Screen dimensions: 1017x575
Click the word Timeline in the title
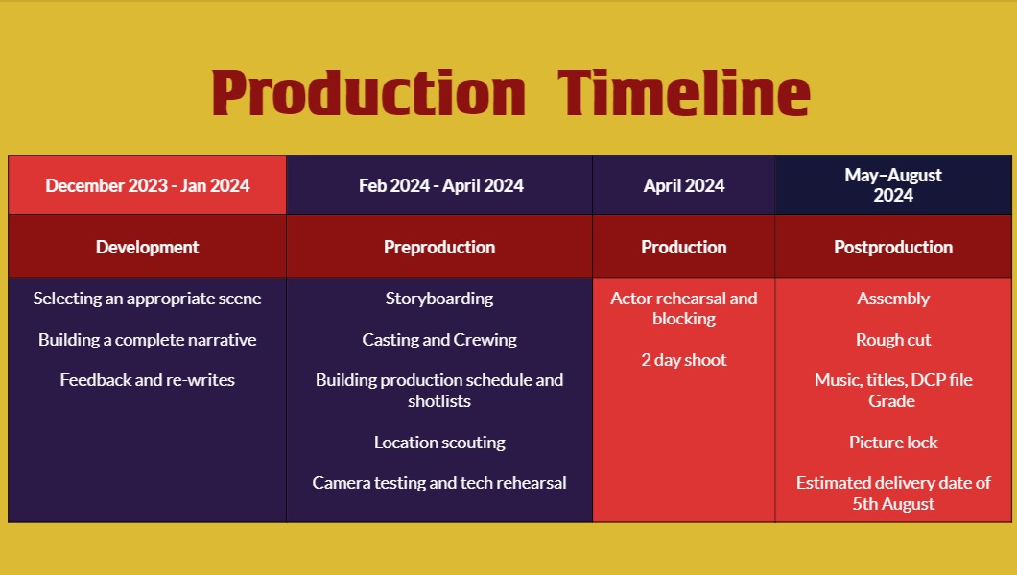[x=684, y=93]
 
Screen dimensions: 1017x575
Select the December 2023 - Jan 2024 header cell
[x=147, y=185]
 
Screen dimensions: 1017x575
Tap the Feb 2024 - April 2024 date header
[x=441, y=185]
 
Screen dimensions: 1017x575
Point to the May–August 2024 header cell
[x=893, y=185]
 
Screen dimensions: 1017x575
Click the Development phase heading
[x=147, y=248]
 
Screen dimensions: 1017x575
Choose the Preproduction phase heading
[x=439, y=248]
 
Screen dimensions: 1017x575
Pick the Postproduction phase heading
[x=893, y=248]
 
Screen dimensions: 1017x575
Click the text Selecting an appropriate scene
[x=147, y=299]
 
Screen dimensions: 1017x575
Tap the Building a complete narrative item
[x=147, y=340]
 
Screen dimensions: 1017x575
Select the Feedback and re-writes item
[x=147, y=380]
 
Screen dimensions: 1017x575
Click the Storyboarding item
[x=439, y=299]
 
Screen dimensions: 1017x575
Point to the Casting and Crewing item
[x=439, y=340]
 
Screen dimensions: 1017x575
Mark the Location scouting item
[x=439, y=443]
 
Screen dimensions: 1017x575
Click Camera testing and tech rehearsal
[x=439, y=483]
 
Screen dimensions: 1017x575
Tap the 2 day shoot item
[x=684, y=360]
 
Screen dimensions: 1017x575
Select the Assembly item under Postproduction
[x=893, y=299]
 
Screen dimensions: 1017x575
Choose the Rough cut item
[x=893, y=340]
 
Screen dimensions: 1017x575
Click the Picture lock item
[x=893, y=443]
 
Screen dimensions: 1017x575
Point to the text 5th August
[x=893, y=504]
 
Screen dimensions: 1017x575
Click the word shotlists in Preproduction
[x=439, y=401]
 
